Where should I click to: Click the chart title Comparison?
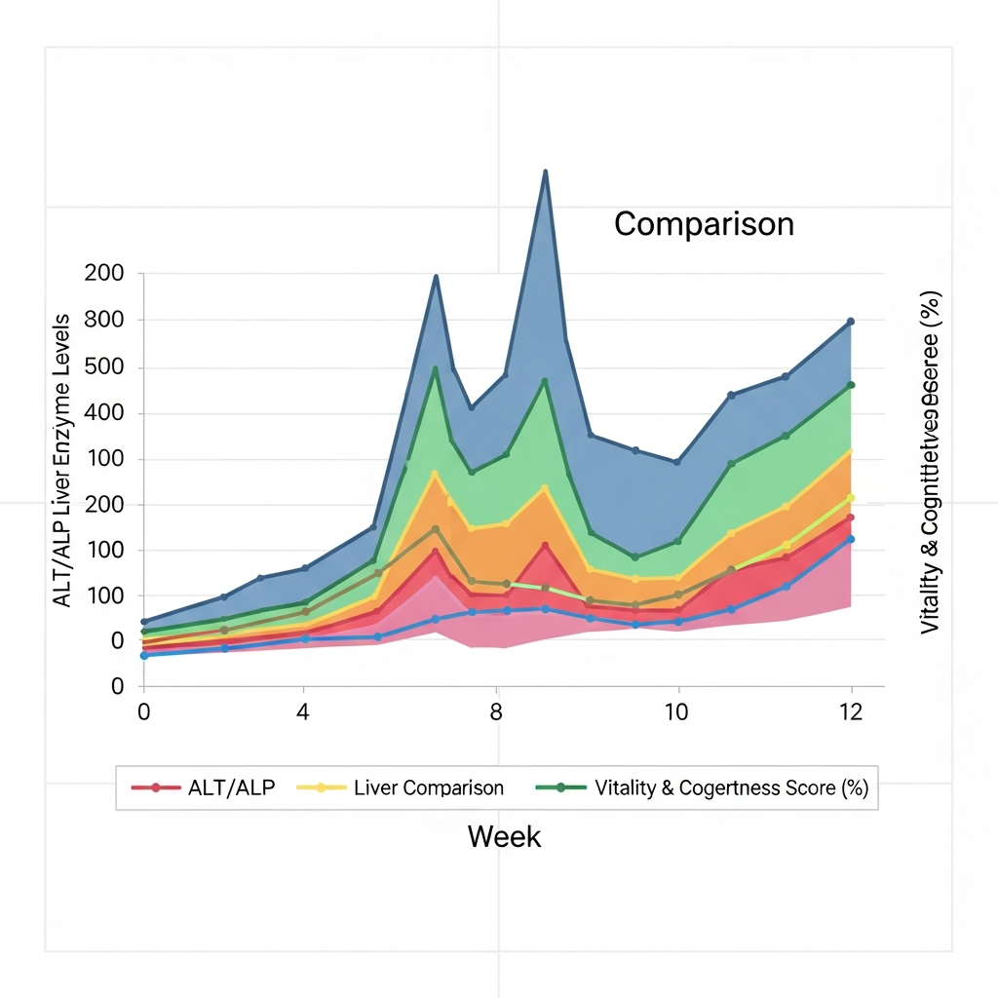pyautogui.click(x=704, y=224)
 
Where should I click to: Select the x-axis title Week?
pyautogui.click(x=504, y=836)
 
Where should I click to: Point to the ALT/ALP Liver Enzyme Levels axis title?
pyautogui.click(x=62, y=460)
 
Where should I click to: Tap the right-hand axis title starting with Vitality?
pyautogui.click(x=930, y=462)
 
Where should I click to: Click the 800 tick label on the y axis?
pyautogui.click(x=104, y=320)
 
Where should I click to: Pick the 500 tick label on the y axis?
pyautogui.click(x=104, y=368)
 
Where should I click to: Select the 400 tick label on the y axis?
pyautogui.click(x=104, y=413)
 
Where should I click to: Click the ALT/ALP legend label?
pyautogui.click(x=231, y=787)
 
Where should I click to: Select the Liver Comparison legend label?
pyautogui.click(x=429, y=787)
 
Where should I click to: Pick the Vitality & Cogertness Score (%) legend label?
pyautogui.click(x=731, y=787)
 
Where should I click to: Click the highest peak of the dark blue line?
pyautogui.click(x=545, y=172)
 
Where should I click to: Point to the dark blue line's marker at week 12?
pyautogui.click(x=851, y=322)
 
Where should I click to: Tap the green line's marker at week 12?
pyautogui.click(x=851, y=385)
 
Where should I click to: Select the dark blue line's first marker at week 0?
pyautogui.click(x=144, y=622)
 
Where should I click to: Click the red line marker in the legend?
pyautogui.click(x=155, y=787)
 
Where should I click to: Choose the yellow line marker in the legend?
pyautogui.click(x=322, y=787)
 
